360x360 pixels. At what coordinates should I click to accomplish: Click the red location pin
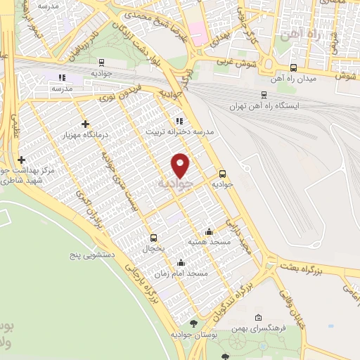pyautogui.click(x=181, y=165)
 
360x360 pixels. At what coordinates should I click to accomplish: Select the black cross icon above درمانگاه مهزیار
pyautogui.click(x=85, y=123)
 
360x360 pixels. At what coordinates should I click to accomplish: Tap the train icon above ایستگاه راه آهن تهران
pyautogui.click(x=264, y=95)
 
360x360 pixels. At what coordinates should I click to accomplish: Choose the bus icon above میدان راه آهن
pyautogui.click(x=293, y=68)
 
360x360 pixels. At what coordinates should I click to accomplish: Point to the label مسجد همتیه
pyautogui.click(x=206, y=242)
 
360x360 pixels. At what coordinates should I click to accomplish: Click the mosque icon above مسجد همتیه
pyautogui.click(x=209, y=231)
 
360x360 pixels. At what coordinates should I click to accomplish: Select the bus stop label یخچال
pyautogui.click(x=154, y=248)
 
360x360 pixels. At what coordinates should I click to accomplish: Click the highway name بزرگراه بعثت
pyautogui.click(x=304, y=268)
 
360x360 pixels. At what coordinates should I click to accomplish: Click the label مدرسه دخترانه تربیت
pyautogui.click(x=179, y=131)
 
